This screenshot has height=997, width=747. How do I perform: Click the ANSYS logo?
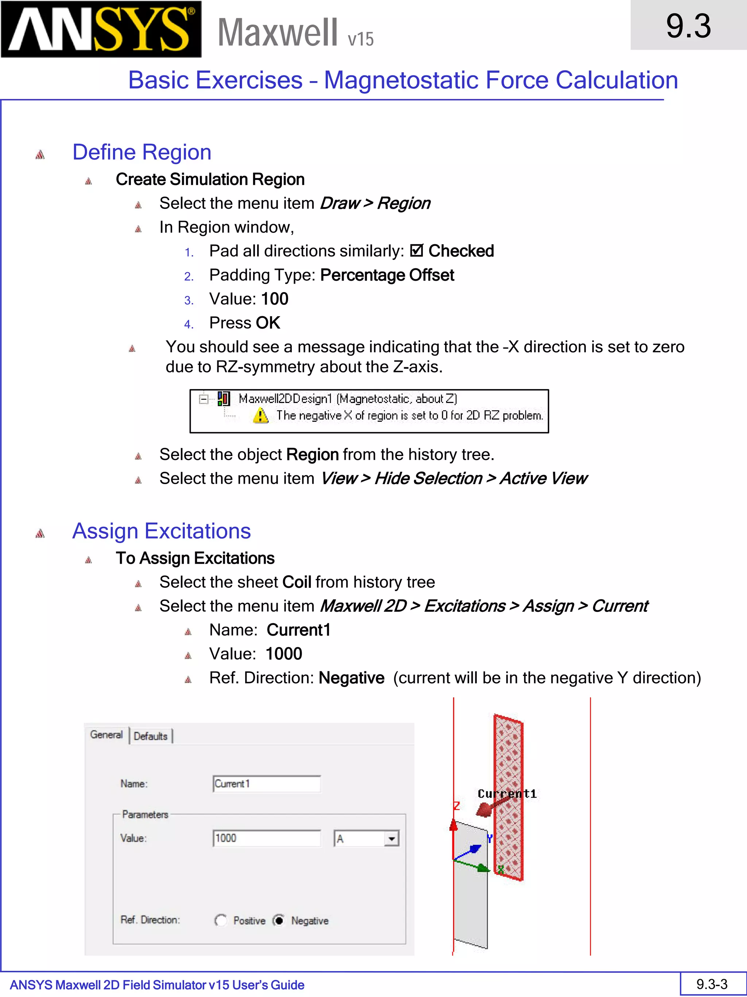101,29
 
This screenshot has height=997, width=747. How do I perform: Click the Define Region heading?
142,152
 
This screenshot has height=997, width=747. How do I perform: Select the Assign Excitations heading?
161,531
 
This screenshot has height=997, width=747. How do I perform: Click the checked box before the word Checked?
417,250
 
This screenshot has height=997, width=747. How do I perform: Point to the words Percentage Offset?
387,275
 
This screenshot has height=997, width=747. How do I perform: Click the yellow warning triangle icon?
261,415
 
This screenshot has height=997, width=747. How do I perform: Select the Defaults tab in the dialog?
150,736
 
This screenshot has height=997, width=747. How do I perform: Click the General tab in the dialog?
106,735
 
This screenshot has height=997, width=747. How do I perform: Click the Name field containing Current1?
267,784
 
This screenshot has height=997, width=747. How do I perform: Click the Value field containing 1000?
267,838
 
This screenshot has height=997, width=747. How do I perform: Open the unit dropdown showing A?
391,839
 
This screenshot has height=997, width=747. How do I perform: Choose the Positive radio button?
221,920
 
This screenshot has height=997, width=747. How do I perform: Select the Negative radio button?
279,920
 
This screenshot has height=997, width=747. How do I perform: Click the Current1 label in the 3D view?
507,794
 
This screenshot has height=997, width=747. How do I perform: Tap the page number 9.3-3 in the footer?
712,984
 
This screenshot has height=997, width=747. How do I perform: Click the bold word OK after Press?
268,323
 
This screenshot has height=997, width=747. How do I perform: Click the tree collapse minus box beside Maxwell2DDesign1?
204,399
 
